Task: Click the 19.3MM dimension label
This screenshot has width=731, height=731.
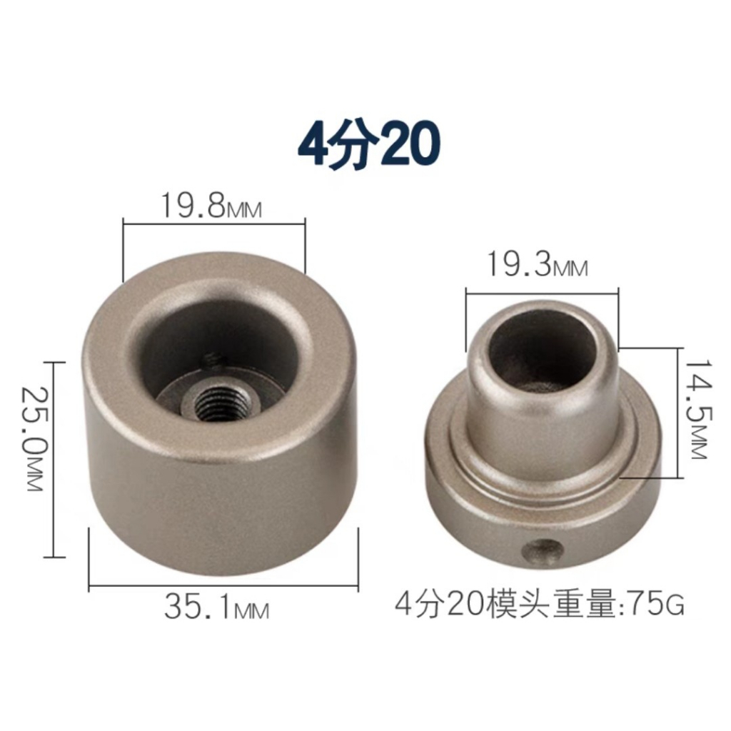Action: tap(537, 264)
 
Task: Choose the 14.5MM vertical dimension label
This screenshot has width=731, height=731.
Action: tap(697, 408)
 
